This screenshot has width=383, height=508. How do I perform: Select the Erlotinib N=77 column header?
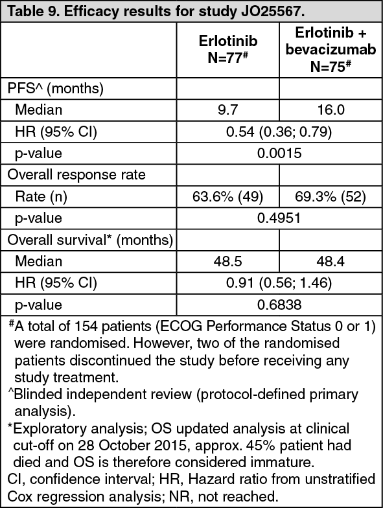228,49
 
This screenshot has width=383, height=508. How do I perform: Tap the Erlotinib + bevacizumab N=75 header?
331,49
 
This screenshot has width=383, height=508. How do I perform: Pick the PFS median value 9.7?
228,110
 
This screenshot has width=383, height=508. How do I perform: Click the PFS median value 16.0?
331,110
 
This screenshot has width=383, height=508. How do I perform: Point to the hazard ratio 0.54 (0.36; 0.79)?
279,132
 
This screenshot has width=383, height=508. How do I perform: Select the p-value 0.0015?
279,153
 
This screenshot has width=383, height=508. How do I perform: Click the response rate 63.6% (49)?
228,196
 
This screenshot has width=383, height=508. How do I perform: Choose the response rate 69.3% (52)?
331,196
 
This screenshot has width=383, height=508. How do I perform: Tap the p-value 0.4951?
279,218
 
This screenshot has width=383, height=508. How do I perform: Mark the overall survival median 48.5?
228,262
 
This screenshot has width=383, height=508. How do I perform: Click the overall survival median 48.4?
331,262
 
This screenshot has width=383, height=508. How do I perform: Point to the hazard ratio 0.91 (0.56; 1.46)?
279,283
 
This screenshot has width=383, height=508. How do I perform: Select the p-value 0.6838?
279,305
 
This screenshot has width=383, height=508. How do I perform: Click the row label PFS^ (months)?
56,88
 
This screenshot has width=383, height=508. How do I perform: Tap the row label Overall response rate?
76,175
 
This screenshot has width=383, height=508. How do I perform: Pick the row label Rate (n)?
41,196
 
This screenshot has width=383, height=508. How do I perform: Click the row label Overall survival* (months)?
90,240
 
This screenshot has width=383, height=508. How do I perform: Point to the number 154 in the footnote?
86,327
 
